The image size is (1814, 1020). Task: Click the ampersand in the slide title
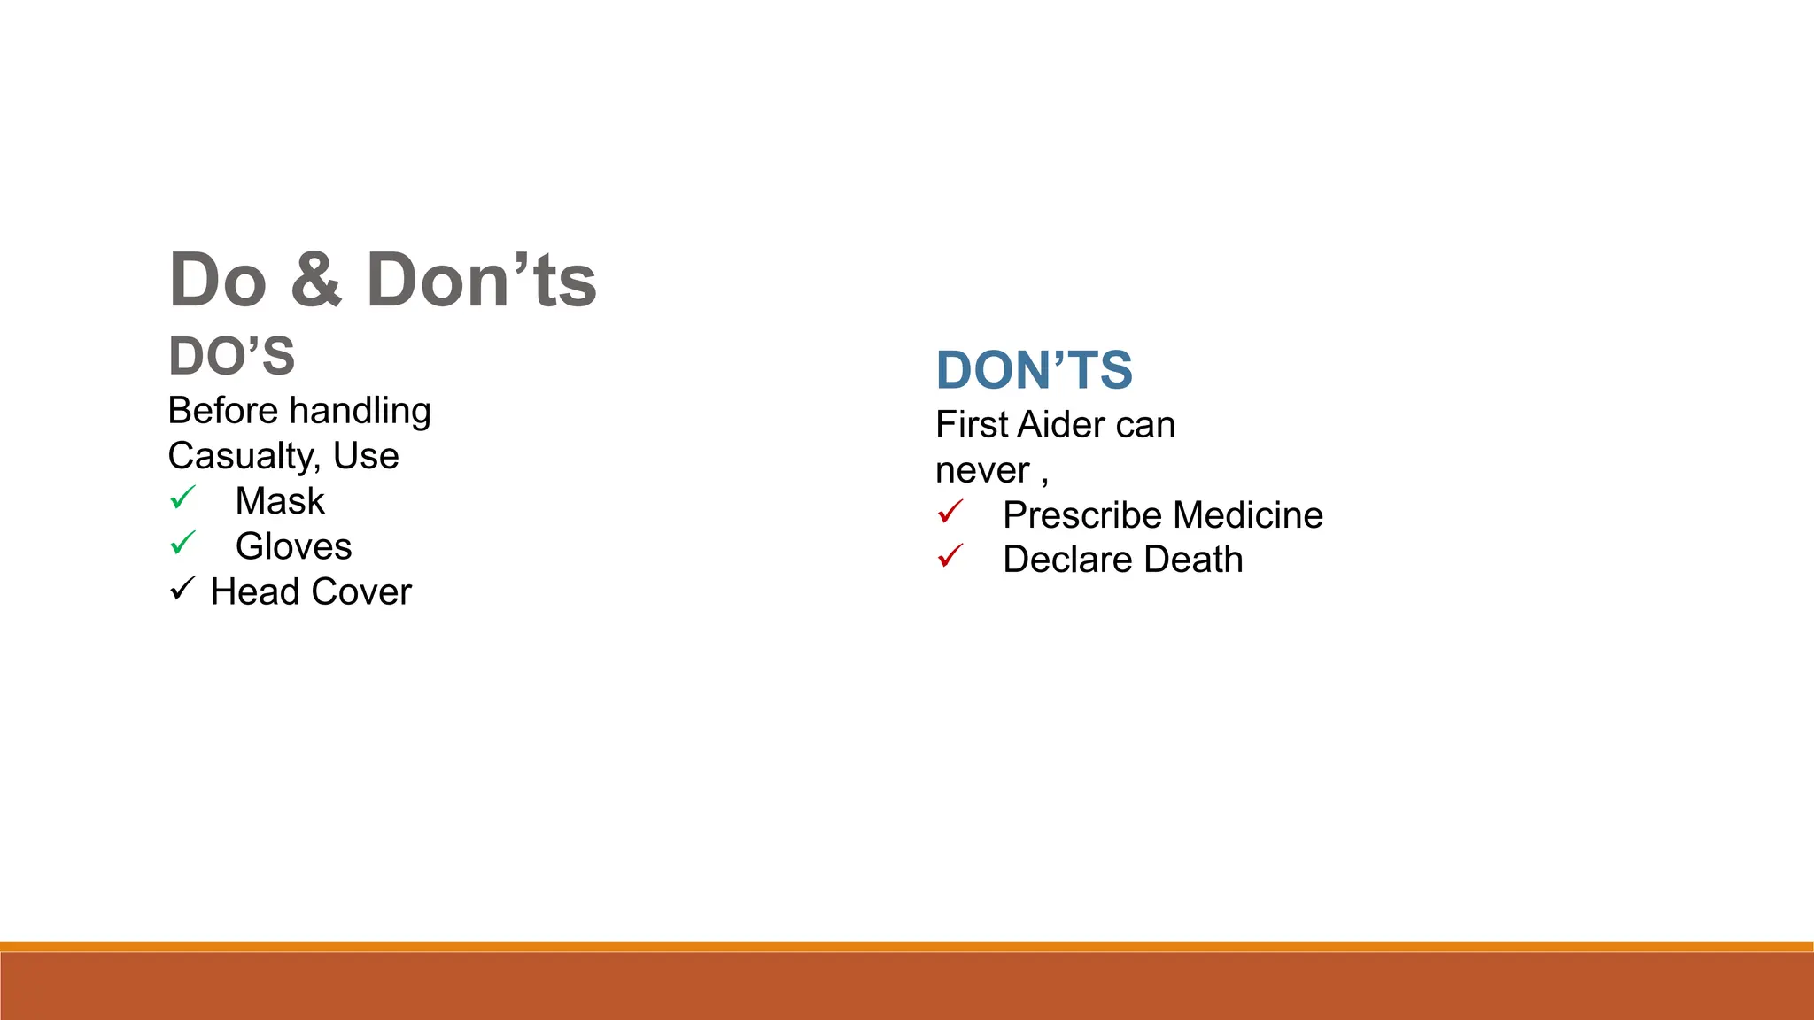tap(315, 281)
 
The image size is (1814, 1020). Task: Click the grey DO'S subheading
tap(231, 356)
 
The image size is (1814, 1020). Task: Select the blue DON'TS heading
tap(1034, 369)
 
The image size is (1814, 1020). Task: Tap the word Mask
tap(280, 501)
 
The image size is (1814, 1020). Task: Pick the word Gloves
tap(293, 546)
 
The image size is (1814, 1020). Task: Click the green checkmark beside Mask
tap(182, 498)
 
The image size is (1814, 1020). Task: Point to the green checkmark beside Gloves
tap(182, 543)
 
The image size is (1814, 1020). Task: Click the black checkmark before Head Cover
tap(182, 589)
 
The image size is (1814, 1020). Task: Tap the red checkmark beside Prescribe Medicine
tap(950, 512)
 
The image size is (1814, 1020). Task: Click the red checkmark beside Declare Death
tap(950, 556)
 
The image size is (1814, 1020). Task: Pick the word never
tap(982, 470)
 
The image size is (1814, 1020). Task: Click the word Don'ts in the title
tap(481, 281)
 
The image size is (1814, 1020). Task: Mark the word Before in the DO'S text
tap(223, 411)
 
